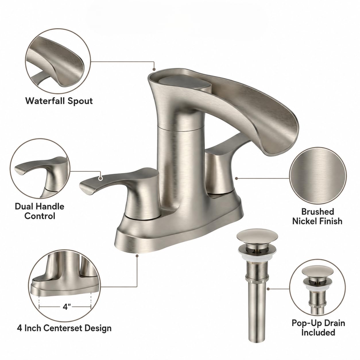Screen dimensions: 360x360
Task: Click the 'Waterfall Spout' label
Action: pyautogui.click(x=59, y=101)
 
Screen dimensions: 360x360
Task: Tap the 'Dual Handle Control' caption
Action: pyautogui.click(x=40, y=211)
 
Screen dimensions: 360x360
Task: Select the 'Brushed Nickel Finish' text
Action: pyautogui.click(x=317, y=216)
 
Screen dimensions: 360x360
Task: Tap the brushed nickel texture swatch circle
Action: pyautogui.click(x=318, y=176)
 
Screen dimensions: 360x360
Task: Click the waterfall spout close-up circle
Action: pyautogui.click(x=58, y=61)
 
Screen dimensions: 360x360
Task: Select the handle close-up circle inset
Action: pyautogui.click(x=40, y=169)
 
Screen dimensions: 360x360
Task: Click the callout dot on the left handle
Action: pyautogui.click(x=101, y=178)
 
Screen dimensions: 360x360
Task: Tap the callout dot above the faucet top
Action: pyautogui.click(x=154, y=69)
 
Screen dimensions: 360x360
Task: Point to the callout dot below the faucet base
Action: pyautogui.click(x=137, y=256)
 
